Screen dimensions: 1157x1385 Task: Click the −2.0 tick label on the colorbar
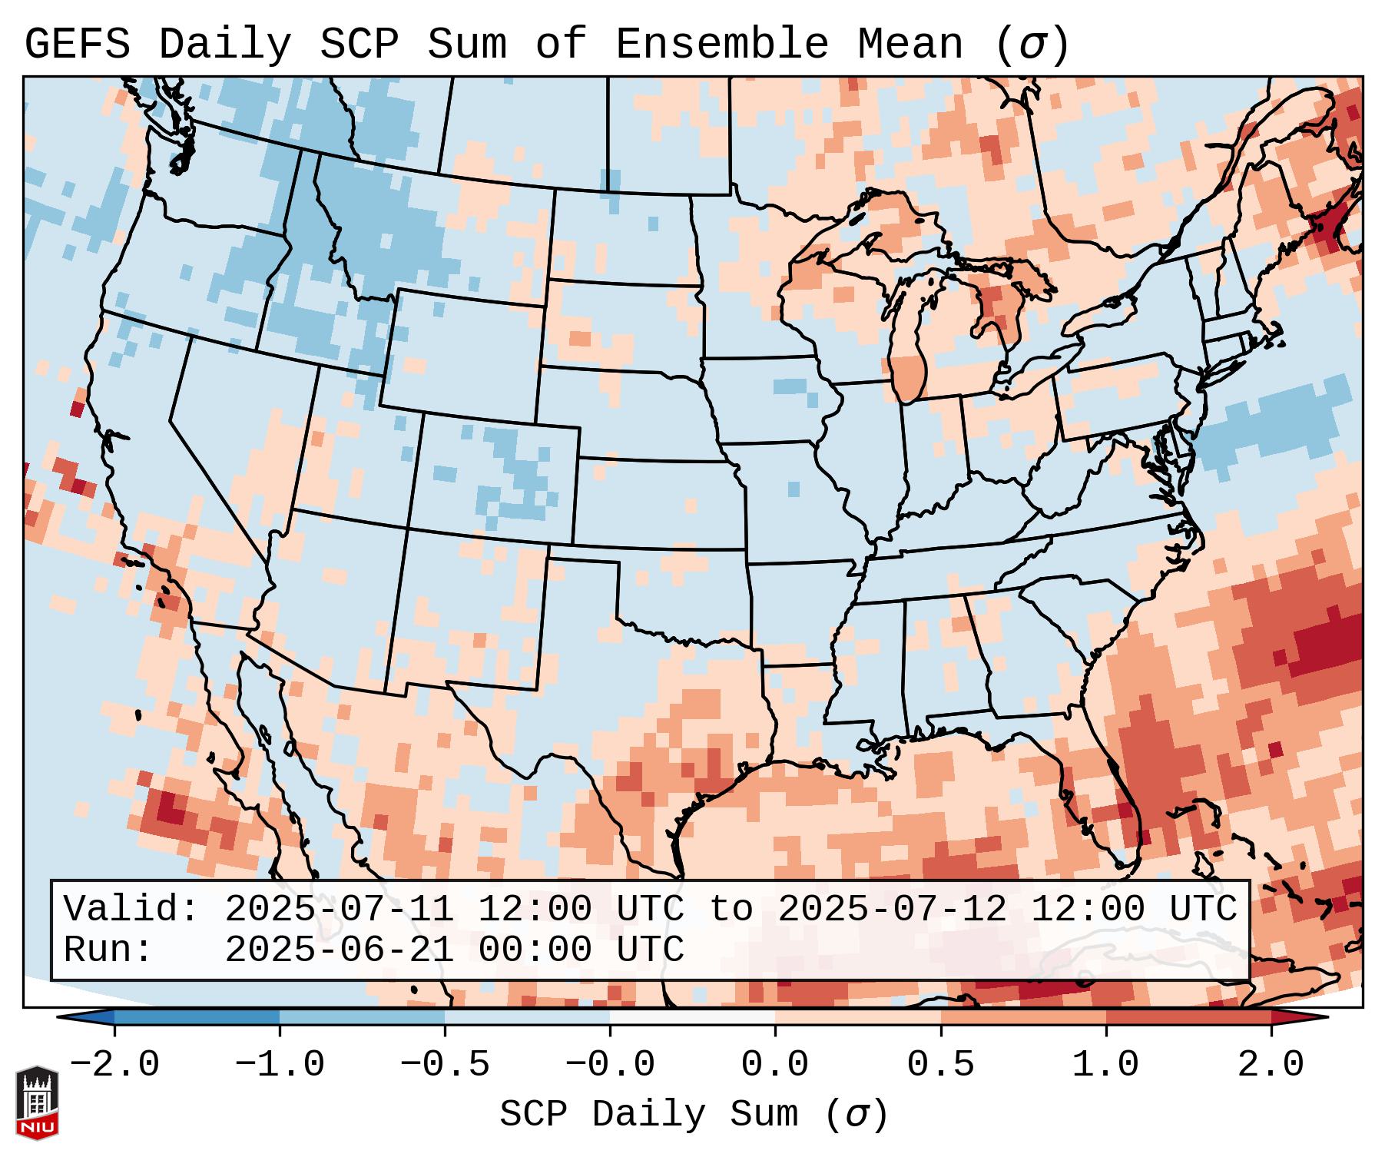[114, 1065]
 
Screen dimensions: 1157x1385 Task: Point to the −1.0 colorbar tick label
[280, 1065]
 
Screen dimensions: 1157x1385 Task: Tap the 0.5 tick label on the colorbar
[940, 1065]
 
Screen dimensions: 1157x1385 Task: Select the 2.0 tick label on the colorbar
[1271, 1065]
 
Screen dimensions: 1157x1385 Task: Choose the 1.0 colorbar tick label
[1105, 1065]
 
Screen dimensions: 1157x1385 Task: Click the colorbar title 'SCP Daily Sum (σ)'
[694, 1115]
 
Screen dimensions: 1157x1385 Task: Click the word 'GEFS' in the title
[77, 45]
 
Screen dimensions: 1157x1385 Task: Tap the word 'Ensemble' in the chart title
[721, 45]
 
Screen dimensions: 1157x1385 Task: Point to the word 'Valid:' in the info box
[131, 910]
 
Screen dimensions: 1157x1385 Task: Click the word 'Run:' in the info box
[108, 950]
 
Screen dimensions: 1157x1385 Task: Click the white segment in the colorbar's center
[692, 1017]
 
